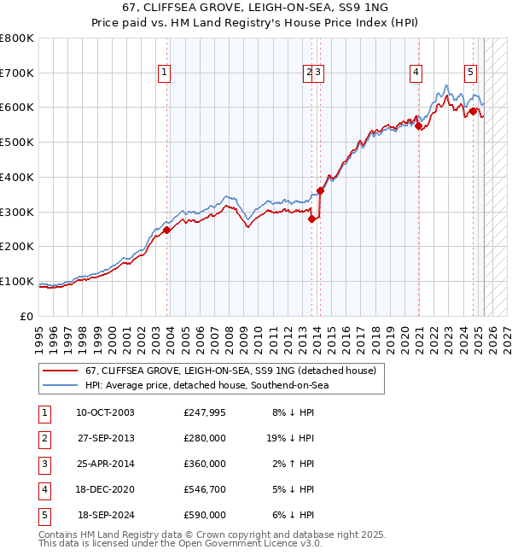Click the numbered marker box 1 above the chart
click(x=163, y=73)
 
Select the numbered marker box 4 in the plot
click(x=416, y=73)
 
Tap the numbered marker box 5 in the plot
click(x=470, y=73)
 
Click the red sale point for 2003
click(x=167, y=230)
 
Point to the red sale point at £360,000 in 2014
click(x=320, y=190)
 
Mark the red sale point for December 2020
click(x=419, y=126)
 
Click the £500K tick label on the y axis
click(x=16, y=143)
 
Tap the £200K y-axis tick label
click(x=16, y=247)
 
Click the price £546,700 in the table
click(x=205, y=489)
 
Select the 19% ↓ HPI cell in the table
click(x=290, y=438)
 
